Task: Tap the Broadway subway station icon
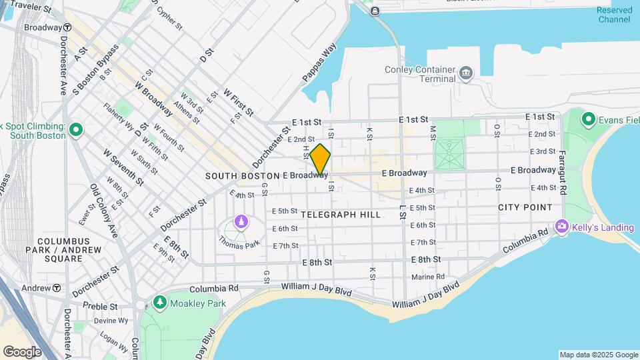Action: [x=67, y=28]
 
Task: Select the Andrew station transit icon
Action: [x=57, y=288]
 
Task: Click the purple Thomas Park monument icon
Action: [x=241, y=221]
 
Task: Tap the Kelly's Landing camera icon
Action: [x=562, y=227]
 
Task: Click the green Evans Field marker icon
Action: [x=588, y=119]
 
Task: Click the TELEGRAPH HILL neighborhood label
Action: [x=341, y=215]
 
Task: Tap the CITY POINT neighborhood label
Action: [x=525, y=207]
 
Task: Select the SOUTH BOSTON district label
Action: [x=242, y=176]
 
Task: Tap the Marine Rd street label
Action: [x=427, y=277]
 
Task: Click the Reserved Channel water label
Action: [x=613, y=15]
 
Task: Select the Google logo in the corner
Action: [x=22, y=351]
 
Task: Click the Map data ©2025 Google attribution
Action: [x=598, y=355]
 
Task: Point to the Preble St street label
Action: [x=100, y=307]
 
